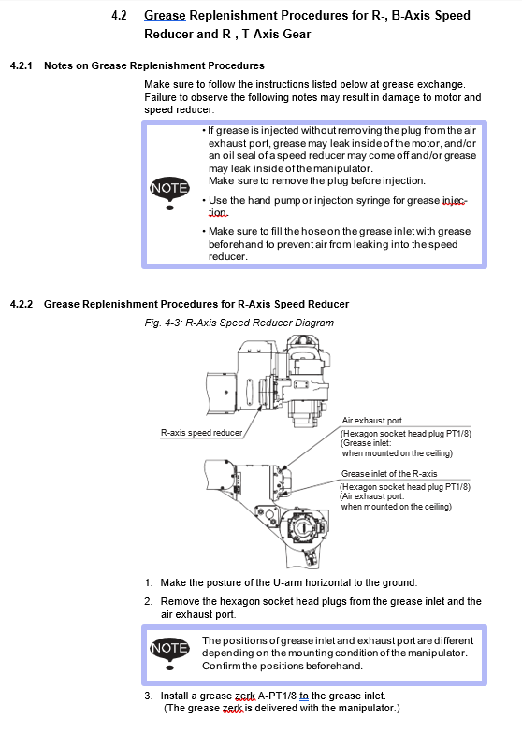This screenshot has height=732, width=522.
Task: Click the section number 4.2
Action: coord(119,15)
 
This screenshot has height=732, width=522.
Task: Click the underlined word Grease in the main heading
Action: coord(165,16)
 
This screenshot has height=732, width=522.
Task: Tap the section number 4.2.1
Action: coord(21,65)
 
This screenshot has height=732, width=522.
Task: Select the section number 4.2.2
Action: coord(22,305)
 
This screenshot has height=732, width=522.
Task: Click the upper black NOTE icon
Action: coord(169,193)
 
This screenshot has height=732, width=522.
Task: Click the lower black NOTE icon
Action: coord(169,653)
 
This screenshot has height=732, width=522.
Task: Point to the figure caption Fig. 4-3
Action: coord(164,323)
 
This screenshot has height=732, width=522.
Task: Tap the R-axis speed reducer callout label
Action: coord(201,433)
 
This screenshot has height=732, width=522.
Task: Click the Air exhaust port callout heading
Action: coord(371,421)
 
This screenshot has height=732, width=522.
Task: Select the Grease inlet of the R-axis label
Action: coord(389,473)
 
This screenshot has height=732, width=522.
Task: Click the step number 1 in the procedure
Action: coord(148,582)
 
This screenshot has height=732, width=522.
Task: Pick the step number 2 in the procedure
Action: coord(148,601)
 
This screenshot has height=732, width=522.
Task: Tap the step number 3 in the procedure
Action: coord(148,696)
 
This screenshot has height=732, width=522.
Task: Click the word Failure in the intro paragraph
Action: coord(159,97)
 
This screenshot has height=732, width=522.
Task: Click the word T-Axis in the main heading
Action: coord(259,34)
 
